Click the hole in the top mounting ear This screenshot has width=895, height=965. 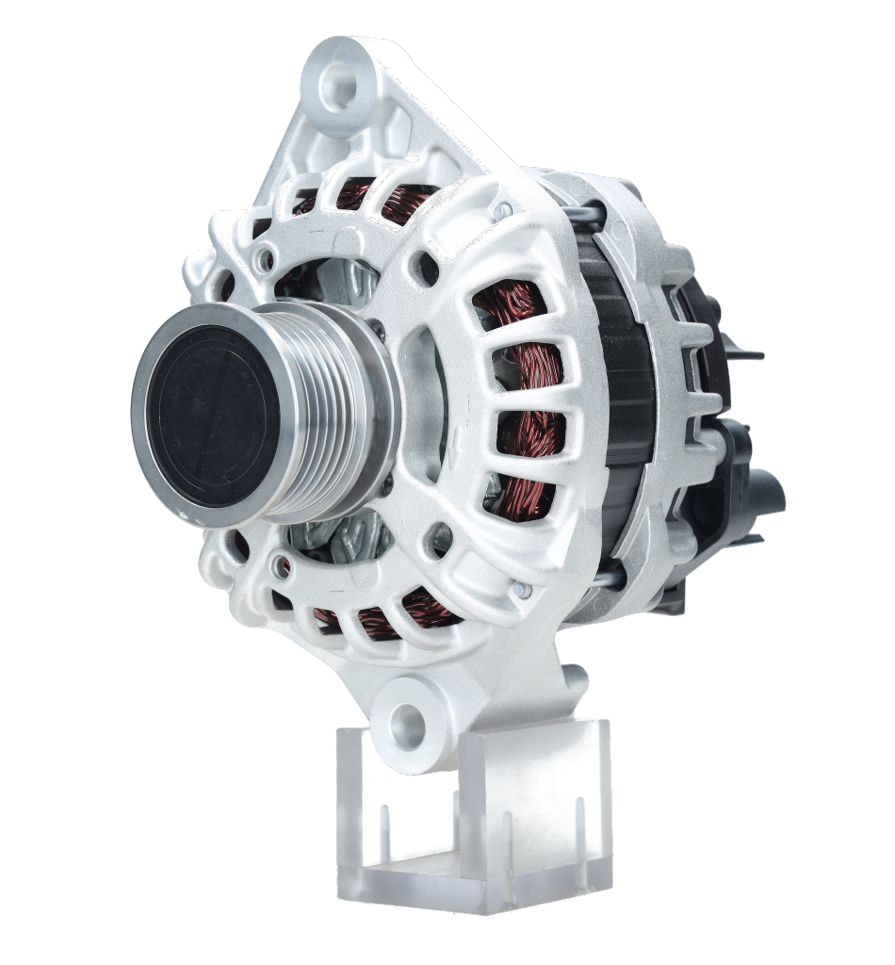pyautogui.click(x=337, y=86)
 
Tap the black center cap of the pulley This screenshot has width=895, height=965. pyautogui.click(x=213, y=415)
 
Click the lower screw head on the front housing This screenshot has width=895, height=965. pyautogui.click(x=521, y=590)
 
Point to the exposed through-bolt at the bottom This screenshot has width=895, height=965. pyautogui.click(x=603, y=574)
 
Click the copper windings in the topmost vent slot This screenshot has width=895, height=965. pyautogui.click(x=377, y=199)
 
